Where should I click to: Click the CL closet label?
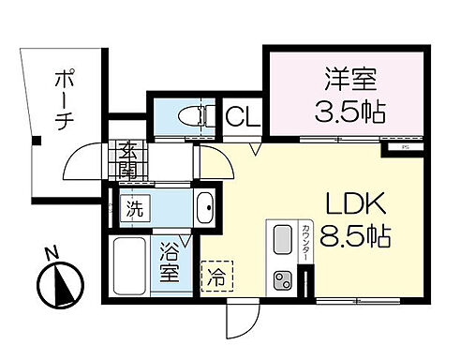[244, 117]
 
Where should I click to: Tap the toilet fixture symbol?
[192, 117]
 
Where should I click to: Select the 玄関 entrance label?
[128, 160]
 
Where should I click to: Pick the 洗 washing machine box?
[136, 209]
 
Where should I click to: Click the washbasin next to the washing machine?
[205, 208]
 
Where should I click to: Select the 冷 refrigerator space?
[216, 277]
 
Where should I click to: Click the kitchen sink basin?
[282, 240]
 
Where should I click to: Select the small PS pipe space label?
[405, 146]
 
